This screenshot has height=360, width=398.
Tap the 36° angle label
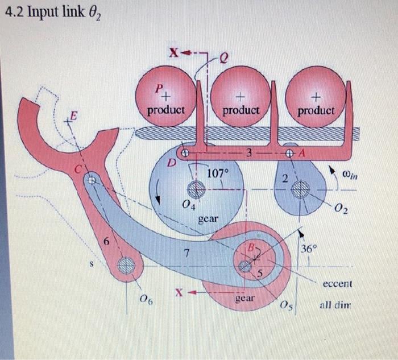click(309, 249)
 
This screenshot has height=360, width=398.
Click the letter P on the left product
click(161, 89)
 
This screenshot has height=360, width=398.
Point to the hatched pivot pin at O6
click(127, 266)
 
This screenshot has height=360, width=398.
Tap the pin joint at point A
click(290, 153)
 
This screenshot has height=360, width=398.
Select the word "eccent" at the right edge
click(337, 283)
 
